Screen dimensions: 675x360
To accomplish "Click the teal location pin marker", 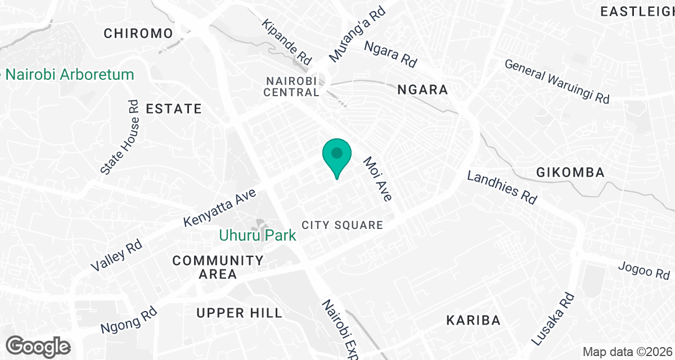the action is [x=337, y=155].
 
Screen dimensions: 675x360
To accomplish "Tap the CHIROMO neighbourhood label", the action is [x=138, y=34].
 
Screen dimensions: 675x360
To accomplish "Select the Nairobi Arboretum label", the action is [x=68, y=74].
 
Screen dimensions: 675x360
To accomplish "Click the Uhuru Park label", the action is [x=258, y=235].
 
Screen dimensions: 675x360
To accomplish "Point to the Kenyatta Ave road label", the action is [x=220, y=208].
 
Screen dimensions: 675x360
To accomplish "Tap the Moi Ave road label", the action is [x=377, y=179].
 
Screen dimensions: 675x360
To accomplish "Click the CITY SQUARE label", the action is [x=342, y=225].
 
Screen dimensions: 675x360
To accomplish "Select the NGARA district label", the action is [x=422, y=89].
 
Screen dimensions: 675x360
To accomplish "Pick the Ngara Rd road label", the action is [x=390, y=54].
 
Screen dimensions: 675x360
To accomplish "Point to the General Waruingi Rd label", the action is [x=557, y=82].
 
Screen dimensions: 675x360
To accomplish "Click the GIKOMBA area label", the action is [x=570, y=172].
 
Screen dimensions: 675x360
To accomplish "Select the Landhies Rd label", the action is [x=502, y=187].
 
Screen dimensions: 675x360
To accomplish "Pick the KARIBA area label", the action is [x=473, y=321].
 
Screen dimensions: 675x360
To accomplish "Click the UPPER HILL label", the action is [x=231, y=313].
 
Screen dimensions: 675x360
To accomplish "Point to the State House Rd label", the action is [x=119, y=137].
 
